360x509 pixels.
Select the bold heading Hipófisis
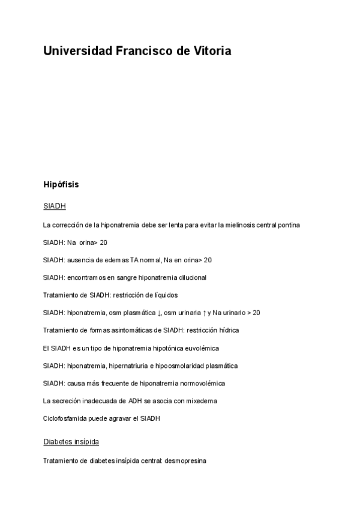(61, 184)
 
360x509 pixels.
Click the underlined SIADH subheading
(55, 206)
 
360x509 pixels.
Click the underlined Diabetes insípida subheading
(71, 442)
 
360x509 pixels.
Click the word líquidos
(164, 295)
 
